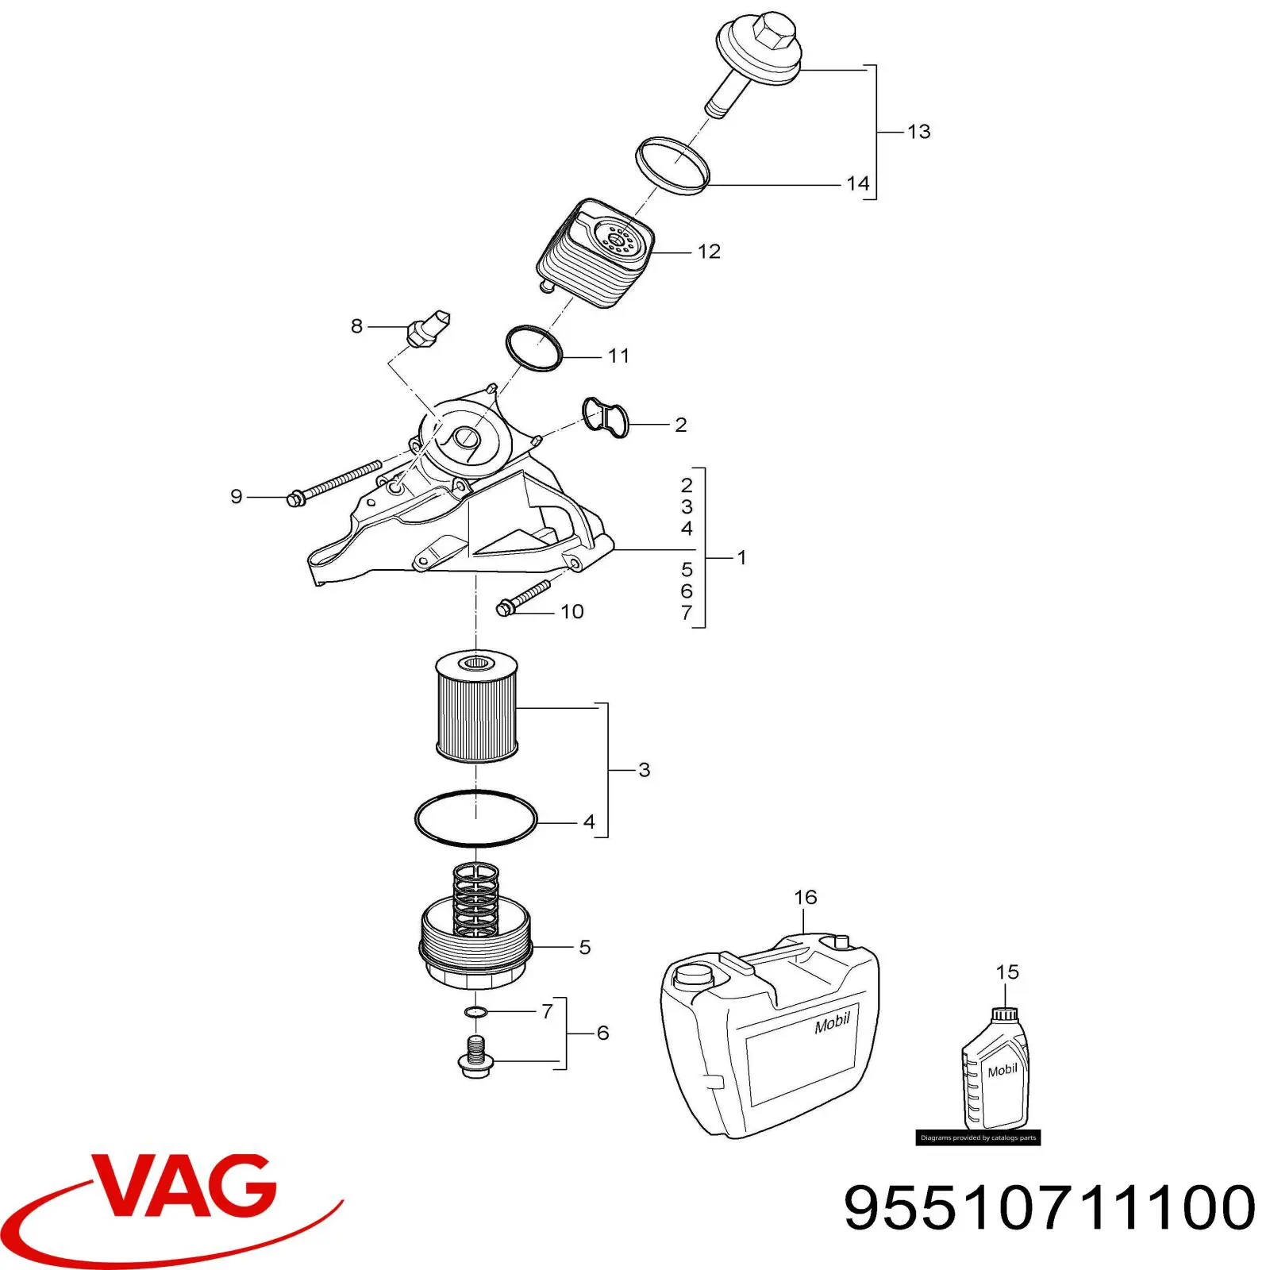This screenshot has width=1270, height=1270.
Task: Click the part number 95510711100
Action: [1049, 1208]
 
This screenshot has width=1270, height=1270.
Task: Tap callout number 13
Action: [918, 132]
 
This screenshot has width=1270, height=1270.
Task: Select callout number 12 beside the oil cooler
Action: [709, 252]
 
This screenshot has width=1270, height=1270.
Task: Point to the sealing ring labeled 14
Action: [672, 164]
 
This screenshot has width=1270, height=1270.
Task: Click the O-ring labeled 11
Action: [534, 348]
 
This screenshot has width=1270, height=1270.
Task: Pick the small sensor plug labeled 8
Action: [428, 328]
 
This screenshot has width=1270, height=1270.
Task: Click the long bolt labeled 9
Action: [333, 484]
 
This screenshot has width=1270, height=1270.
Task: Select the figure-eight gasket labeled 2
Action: [606, 417]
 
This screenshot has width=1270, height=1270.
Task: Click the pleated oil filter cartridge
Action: [476, 706]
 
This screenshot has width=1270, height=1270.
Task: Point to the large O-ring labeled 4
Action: [476, 818]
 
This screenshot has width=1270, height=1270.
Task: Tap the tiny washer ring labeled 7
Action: [476, 1012]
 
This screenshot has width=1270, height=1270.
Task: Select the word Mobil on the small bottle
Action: [1003, 1071]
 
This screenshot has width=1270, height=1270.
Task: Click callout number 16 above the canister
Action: [805, 897]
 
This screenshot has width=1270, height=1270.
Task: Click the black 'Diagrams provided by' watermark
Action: [978, 1137]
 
